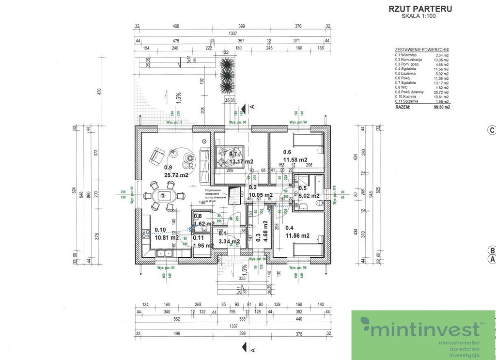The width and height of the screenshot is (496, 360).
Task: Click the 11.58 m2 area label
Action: [295, 159]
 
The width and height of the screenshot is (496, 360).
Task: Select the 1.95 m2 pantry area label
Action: [203, 245]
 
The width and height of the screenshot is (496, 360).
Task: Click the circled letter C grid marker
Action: [491, 129]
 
